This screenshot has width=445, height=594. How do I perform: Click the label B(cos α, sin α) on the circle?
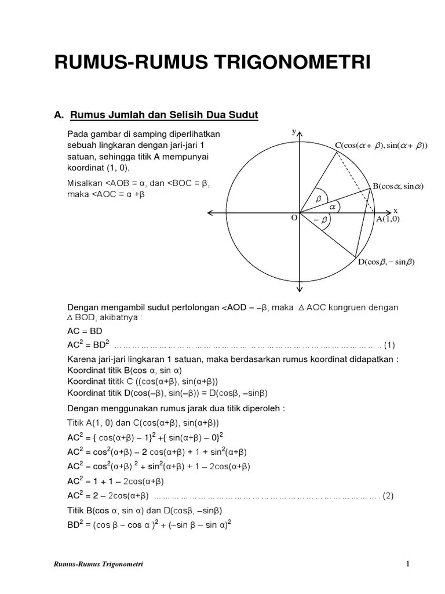click(398, 186)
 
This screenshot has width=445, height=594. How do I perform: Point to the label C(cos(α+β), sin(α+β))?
click(381, 145)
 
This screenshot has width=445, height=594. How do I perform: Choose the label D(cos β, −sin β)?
click(386, 262)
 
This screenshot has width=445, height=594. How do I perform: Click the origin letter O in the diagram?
click(294, 218)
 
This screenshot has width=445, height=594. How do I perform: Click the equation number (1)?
click(389, 345)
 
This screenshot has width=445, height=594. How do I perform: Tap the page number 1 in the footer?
click(408, 563)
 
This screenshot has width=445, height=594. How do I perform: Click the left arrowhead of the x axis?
click(207, 213)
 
